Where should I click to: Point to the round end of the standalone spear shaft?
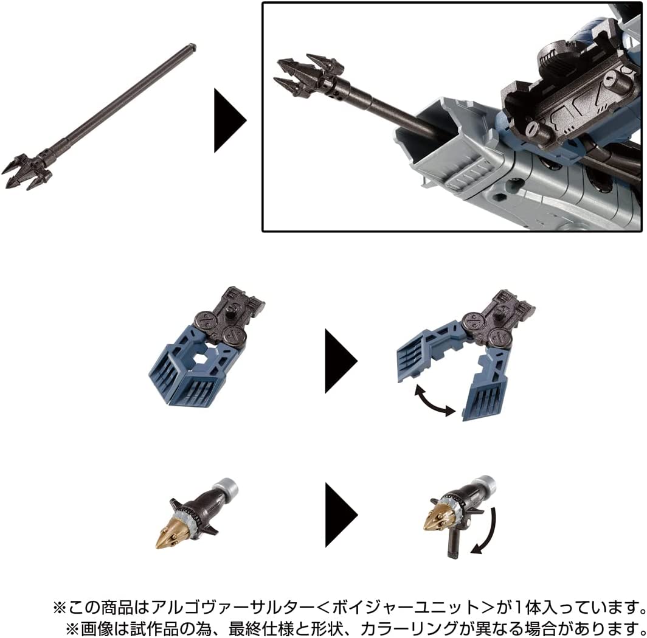coord(192,46)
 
